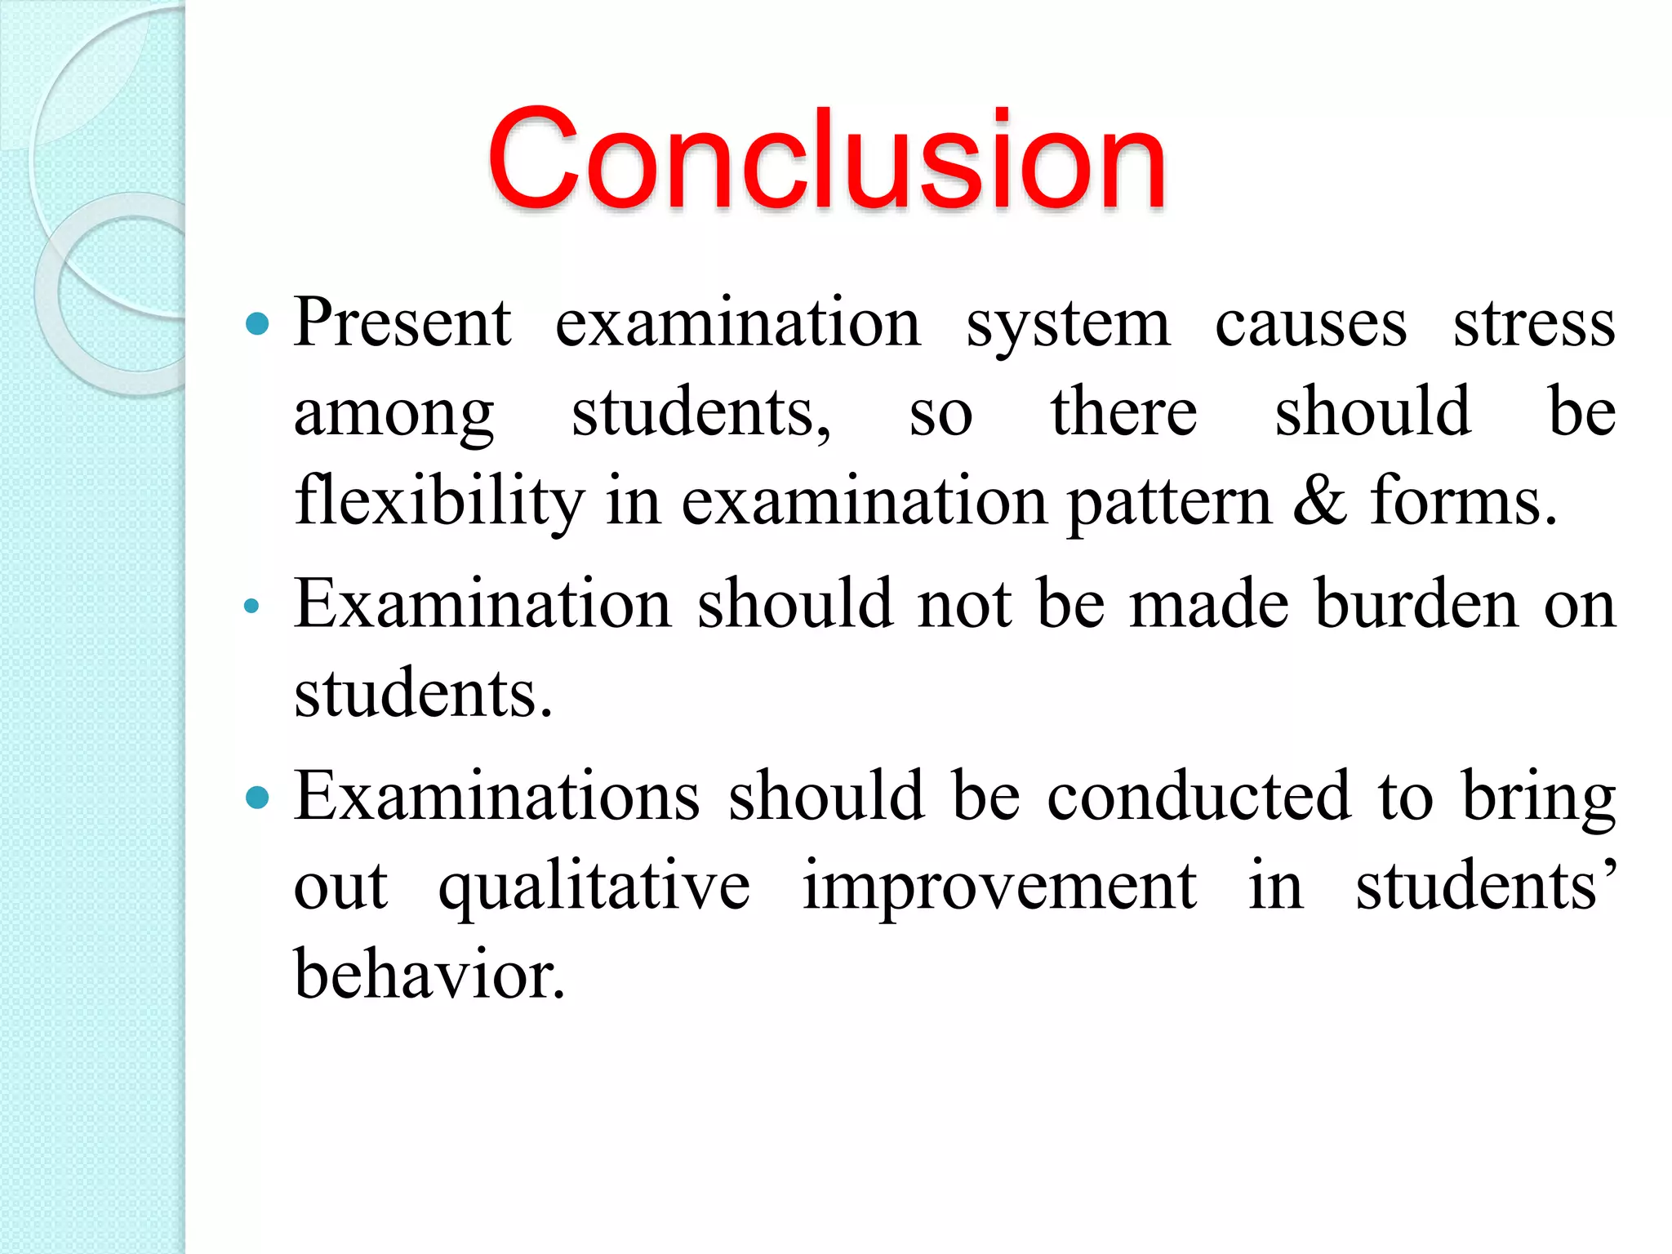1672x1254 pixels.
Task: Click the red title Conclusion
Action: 826,160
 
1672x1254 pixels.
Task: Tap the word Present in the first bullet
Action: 402,323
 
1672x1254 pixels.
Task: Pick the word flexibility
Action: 439,501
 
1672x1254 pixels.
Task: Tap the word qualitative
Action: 594,888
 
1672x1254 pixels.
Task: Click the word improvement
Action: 999,887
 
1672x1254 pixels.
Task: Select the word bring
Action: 1538,798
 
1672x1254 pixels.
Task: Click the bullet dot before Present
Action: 257,324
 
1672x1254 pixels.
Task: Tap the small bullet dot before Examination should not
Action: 251,606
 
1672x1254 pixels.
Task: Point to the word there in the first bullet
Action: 1123,413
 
